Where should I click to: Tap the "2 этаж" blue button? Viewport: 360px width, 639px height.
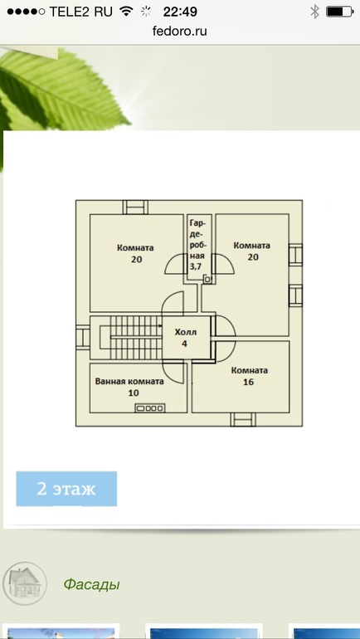tap(66, 489)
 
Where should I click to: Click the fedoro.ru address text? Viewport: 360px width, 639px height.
tap(180, 31)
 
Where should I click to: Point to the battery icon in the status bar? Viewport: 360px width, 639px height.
tap(339, 12)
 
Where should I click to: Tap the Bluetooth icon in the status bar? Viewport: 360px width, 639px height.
tap(314, 12)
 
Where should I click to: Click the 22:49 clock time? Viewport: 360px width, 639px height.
tap(180, 12)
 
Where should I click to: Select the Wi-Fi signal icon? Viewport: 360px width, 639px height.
tap(127, 12)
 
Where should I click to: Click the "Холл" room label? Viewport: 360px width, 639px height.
tap(186, 332)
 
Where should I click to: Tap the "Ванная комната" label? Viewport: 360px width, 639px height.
tap(129, 382)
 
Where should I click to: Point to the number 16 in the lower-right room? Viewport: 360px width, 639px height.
tap(248, 382)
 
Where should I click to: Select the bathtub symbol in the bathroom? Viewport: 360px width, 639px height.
tap(150, 407)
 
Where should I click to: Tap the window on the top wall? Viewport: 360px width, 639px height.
tap(135, 207)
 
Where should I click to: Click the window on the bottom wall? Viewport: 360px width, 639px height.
tap(243, 419)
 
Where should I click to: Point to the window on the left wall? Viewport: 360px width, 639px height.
tap(83, 337)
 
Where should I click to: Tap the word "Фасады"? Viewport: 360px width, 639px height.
tap(91, 585)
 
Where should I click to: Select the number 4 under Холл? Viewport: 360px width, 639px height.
tap(185, 344)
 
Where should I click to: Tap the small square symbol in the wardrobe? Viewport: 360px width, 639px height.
tap(207, 279)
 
